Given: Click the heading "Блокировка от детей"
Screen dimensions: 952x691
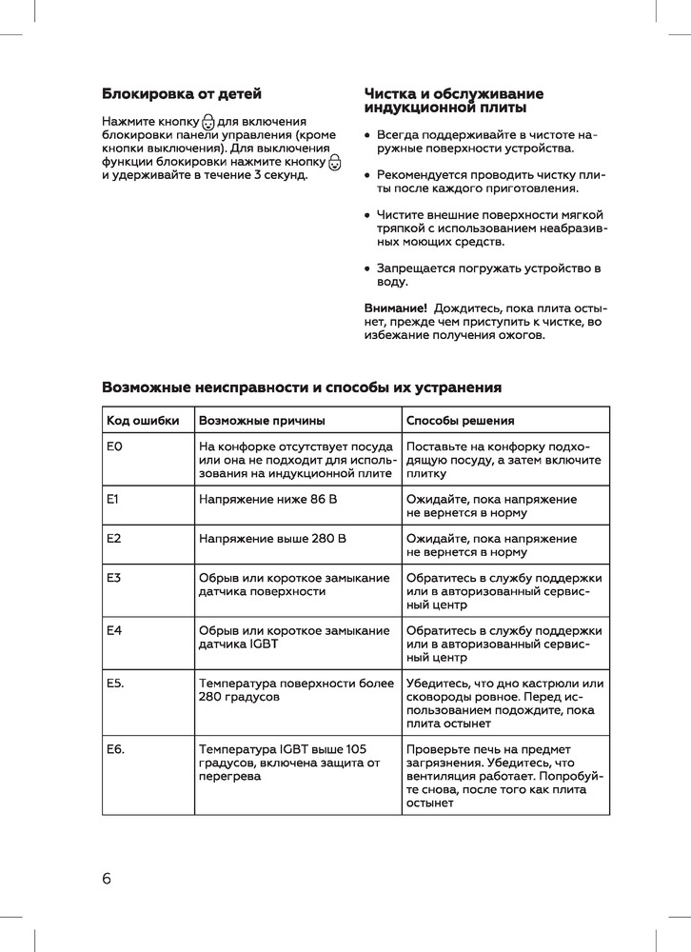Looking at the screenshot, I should coord(181,94).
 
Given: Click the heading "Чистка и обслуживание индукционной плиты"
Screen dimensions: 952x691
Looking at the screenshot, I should coord(454,101).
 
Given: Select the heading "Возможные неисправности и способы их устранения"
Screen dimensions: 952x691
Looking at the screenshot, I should coord(301,387).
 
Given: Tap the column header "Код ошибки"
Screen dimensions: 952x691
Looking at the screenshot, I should coord(143,421).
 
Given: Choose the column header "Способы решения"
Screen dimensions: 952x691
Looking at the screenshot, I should coord(461,421).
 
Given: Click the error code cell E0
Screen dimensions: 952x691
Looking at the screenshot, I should coord(115,446).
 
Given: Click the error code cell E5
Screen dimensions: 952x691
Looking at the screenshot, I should coord(116,684).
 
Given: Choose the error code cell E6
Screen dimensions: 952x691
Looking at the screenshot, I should coord(116,749).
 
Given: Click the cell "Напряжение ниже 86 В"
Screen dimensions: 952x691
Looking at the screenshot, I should coord(268,499).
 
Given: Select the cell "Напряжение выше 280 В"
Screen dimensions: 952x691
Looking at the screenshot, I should coord(272,539).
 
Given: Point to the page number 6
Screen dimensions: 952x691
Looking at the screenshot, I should coord(107,878).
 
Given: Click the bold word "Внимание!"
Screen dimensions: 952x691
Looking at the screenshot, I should coord(395,308).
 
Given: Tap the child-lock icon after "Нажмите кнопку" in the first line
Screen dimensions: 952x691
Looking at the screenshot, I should coord(208,122).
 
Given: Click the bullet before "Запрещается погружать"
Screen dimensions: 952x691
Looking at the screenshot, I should coord(367,268).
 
